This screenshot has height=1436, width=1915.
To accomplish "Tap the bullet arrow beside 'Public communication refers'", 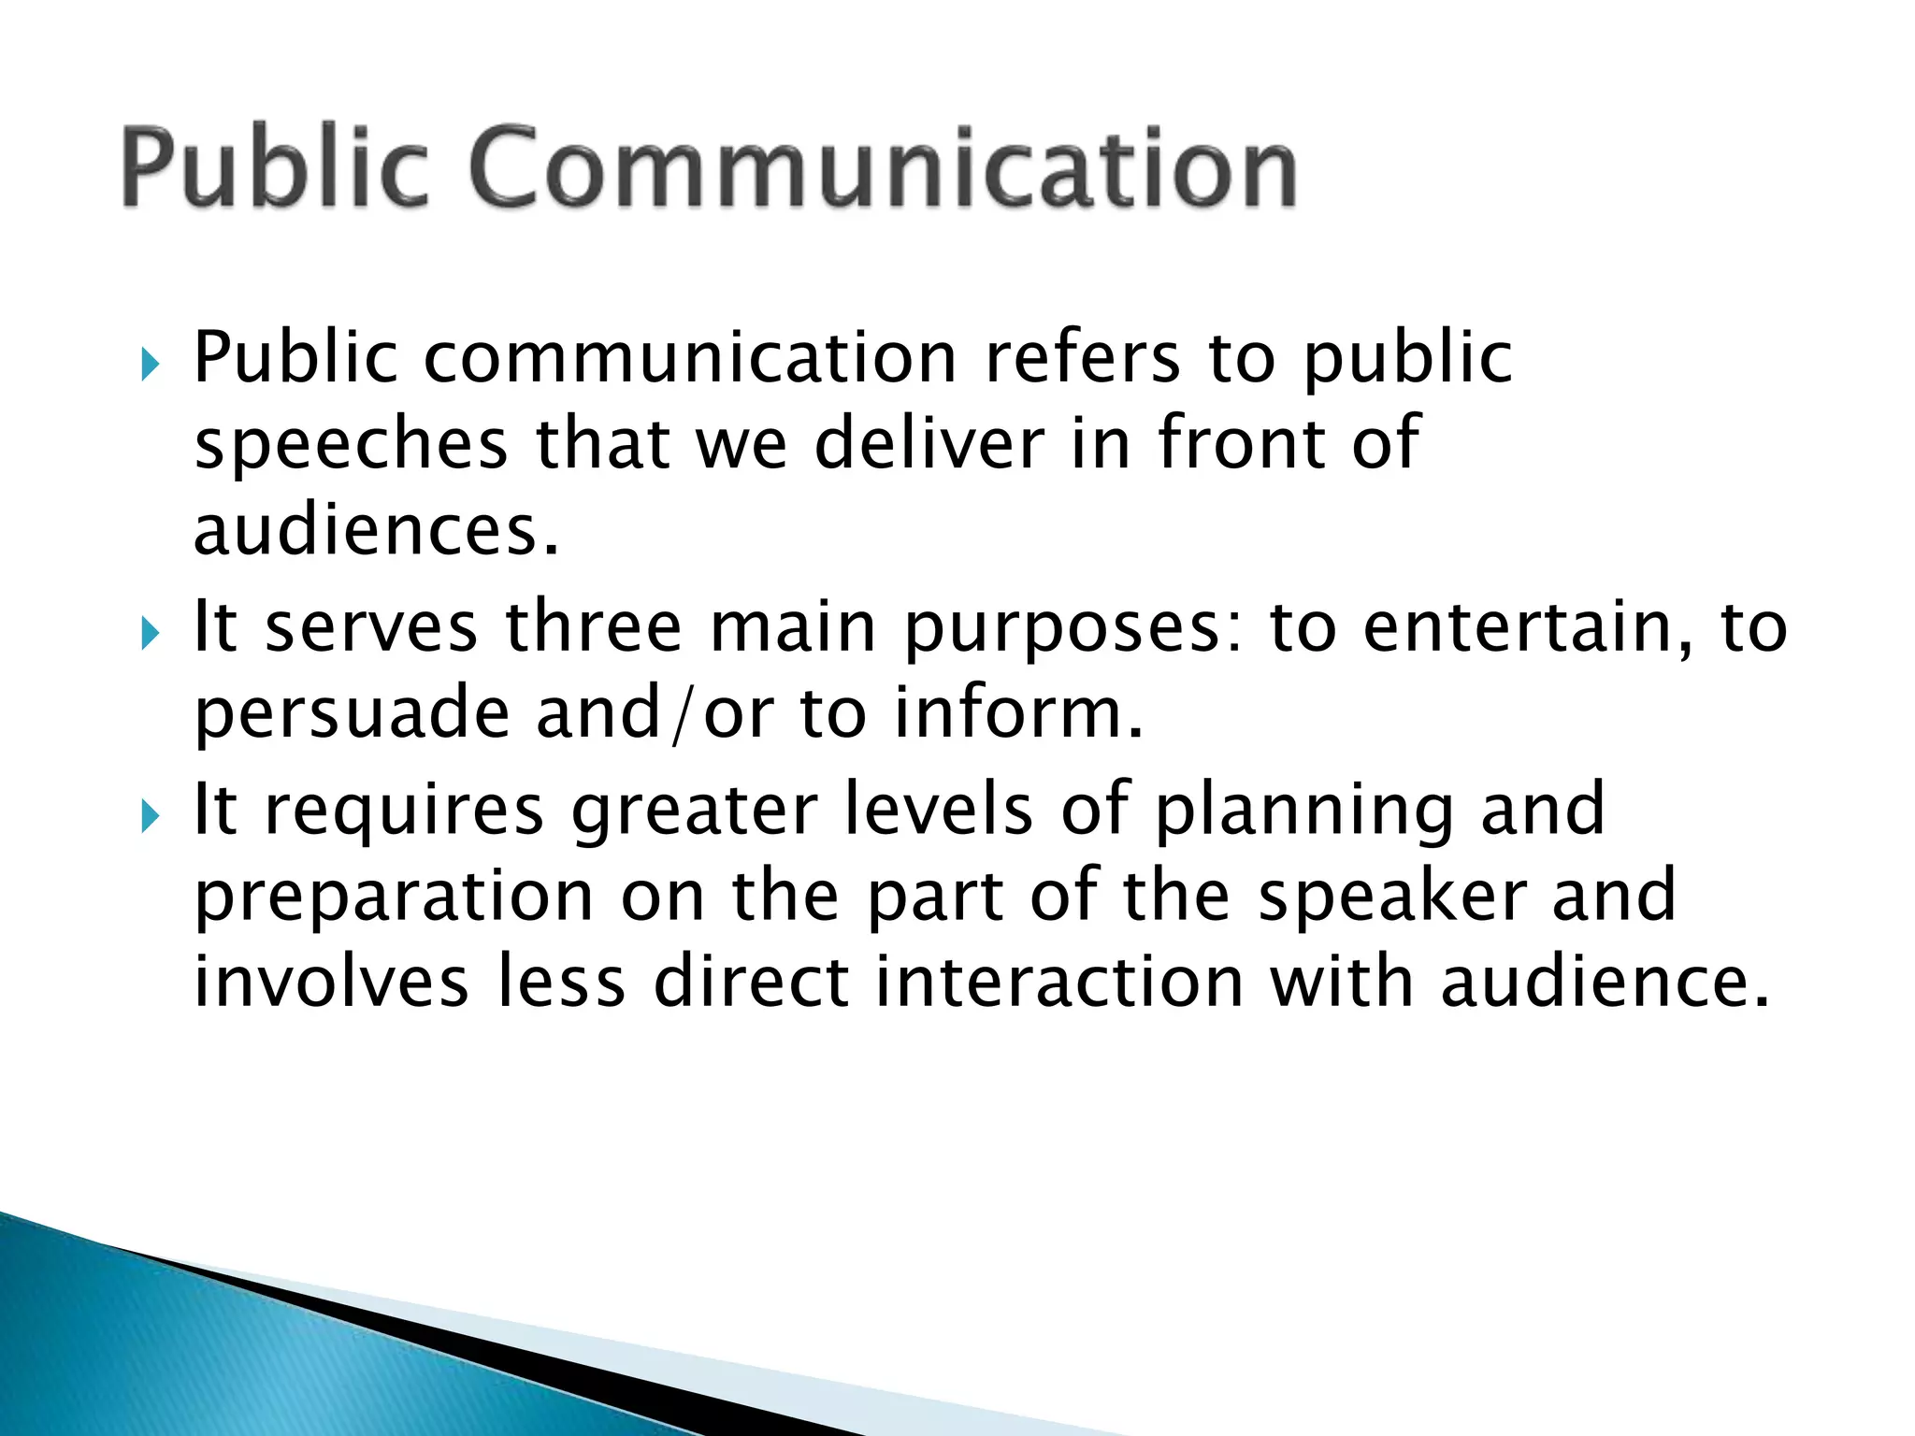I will pos(150,364).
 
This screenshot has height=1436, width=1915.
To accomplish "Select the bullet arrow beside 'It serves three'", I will pos(150,634).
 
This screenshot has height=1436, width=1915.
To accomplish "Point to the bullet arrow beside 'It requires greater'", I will pos(150,816).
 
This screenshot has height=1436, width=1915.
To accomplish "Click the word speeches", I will pos(351,445).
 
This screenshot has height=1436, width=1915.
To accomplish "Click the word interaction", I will pos(1058,982).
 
